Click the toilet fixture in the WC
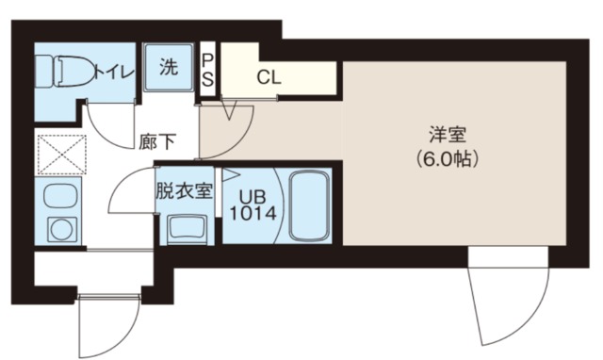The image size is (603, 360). coord(66,70)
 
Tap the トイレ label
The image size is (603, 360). coord(112,70)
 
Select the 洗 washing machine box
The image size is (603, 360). coord(169,69)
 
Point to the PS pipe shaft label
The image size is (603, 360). coord(208,69)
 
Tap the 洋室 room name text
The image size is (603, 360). coord(448,135)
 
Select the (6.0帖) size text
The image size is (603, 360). coord(448,159)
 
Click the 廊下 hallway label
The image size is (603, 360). coord(156,143)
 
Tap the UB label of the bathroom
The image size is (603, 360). coord(252,197)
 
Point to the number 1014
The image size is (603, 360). coord(252,214)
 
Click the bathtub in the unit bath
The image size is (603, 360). coord(308,205)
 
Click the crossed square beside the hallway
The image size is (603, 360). coord(60,154)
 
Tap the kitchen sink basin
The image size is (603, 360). coord(59,197)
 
